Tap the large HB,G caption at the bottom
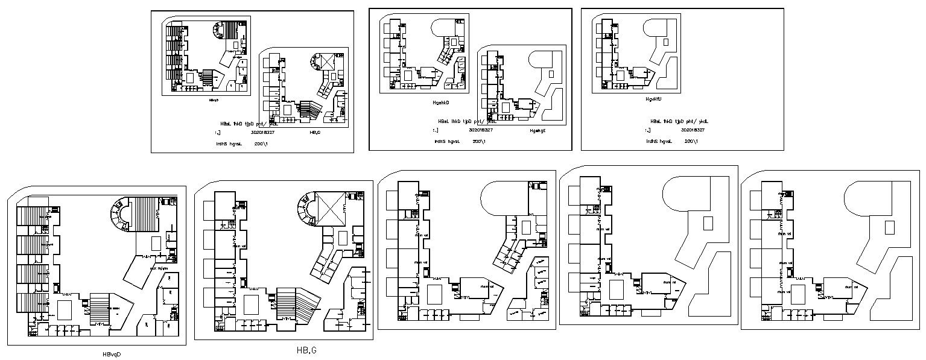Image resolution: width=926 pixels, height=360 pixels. point(306,350)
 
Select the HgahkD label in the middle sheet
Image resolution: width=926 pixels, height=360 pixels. point(440,103)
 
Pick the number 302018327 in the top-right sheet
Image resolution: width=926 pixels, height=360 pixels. point(694,130)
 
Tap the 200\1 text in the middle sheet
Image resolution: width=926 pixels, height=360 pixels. point(480,141)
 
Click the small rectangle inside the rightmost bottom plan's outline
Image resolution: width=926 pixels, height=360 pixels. point(889,227)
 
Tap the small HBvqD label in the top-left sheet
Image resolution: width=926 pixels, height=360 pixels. point(214,101)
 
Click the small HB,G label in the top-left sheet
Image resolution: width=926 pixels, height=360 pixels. point(314,131)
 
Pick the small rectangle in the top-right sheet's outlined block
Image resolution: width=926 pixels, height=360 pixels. point(665,42)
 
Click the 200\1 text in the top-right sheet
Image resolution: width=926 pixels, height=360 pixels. point(691,141)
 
